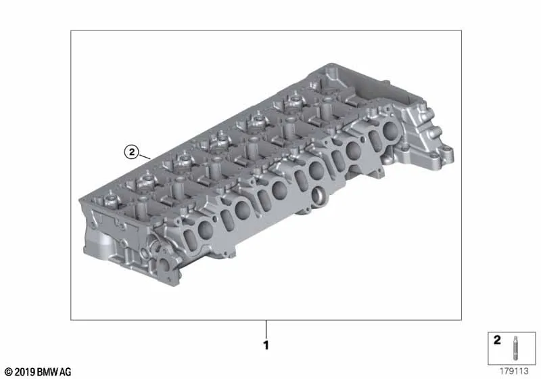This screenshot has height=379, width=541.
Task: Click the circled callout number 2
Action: coord(131,152)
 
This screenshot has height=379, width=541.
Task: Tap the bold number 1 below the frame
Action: coord(266,346)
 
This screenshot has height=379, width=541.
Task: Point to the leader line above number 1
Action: coord(266,330)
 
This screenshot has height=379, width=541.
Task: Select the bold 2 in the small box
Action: coord(497,340)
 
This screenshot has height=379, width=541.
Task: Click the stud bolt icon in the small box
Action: coord(515,348)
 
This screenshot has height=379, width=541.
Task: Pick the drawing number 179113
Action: coord(514,371)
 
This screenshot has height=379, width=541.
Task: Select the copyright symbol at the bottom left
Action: coord(9,372)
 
